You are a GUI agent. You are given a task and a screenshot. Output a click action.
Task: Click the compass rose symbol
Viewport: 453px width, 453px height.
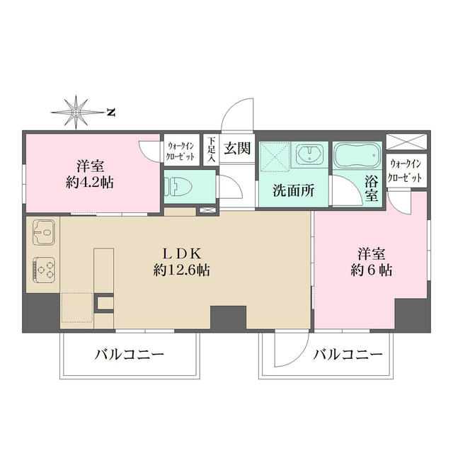coord(76,111)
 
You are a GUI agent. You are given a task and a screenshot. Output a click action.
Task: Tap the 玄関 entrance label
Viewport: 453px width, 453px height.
coord(236,149)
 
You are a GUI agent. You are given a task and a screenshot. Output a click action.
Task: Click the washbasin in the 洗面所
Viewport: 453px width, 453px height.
coord(309,154)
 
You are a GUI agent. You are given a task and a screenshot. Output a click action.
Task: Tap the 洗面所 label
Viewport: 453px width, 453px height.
coord(290,190)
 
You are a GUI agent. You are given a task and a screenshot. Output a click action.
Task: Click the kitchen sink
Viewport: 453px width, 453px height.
coord(43,231)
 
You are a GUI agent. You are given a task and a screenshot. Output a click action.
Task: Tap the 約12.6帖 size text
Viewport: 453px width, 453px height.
coord(183,270)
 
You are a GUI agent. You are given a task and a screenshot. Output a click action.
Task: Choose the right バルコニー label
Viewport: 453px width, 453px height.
coord(348,354)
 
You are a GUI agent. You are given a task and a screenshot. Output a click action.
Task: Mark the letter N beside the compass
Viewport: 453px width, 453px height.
coord(111,112)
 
